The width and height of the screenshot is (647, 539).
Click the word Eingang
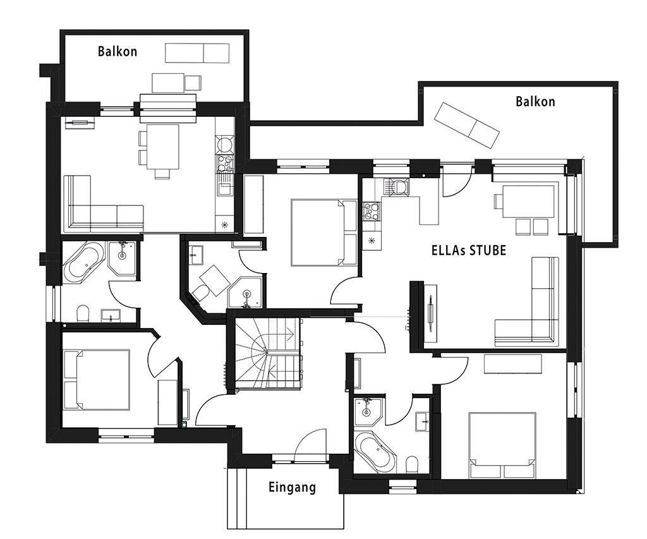pos(292,487)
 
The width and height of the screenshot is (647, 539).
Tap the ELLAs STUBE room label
pos(469,250)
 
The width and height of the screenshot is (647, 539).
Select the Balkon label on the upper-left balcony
pos(117,51)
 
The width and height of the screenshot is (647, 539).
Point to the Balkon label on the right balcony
pos(535,102)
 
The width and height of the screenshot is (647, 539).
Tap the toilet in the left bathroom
pos(83,313)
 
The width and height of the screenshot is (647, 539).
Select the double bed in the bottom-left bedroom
pos(97,380)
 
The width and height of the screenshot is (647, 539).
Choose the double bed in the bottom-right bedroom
pos(502,445)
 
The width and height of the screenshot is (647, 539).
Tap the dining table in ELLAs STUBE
pos(528,202)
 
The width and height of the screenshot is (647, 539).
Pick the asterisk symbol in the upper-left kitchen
pos(225,224)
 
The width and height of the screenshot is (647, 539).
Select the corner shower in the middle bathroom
pos(246,293)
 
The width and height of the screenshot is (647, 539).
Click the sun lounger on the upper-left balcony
pos(197,53)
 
